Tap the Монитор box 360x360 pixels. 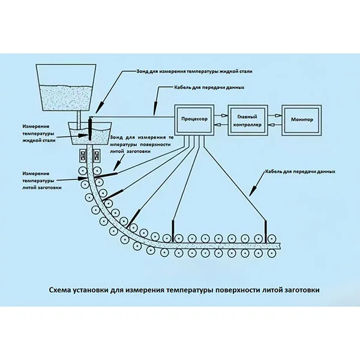tap(302, 120)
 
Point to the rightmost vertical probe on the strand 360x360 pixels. tap(265, 230)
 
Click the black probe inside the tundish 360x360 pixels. tap(89, 128)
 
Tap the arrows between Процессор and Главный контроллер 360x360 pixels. tap(219, 120)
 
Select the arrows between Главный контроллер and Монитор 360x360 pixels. tap(274, 120)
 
